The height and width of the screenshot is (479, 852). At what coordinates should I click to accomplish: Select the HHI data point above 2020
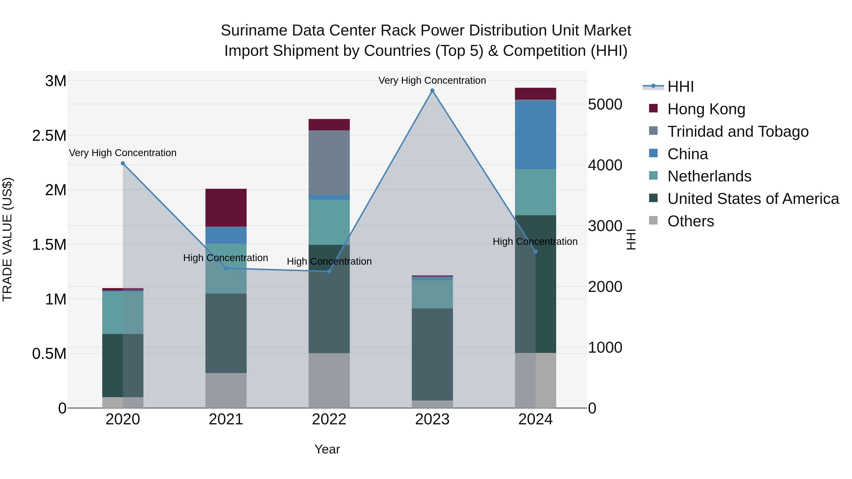point(123,163)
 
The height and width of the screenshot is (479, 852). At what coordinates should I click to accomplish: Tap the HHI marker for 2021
point(226,268)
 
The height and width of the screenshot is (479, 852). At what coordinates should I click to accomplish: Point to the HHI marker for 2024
point(536,252)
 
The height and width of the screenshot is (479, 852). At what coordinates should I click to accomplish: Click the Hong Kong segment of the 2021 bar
point(226,208)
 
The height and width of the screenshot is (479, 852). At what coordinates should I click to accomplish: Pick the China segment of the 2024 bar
point(536,135)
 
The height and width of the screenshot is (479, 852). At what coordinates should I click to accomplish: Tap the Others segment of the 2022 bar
point(329,380)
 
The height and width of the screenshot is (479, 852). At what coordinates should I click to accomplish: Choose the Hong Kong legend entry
point(706,109)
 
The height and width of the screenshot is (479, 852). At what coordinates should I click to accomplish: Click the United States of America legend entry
point(753,199)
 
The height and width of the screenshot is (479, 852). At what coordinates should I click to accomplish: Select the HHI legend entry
point(680,87)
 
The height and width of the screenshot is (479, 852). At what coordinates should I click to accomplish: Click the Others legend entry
point(691,221)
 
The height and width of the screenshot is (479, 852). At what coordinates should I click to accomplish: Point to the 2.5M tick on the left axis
point(49,136)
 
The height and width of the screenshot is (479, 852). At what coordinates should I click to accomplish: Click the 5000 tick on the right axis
point(605,105)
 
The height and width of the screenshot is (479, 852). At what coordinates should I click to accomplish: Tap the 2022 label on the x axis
point(329,419)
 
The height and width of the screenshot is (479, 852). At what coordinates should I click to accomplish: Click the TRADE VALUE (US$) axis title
point(7,239)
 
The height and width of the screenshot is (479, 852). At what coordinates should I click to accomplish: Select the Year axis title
point(327,449)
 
